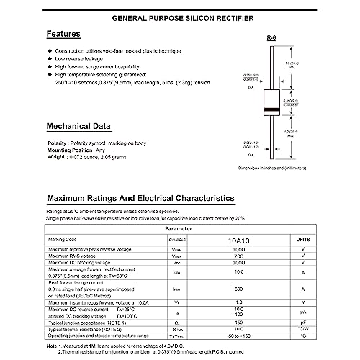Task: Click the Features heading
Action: tap(68, 34)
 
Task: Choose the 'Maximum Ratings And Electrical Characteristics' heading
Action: tap(140, 197)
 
